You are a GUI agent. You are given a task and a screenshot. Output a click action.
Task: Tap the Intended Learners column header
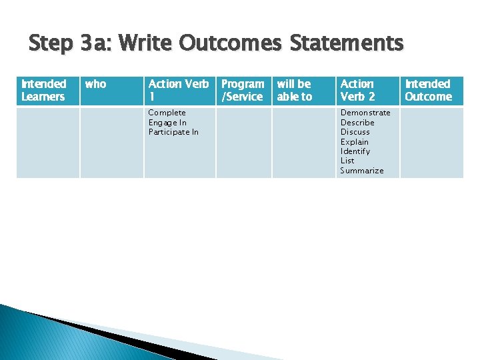[x=43, y=90]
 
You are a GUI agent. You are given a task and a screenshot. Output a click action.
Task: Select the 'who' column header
[x=95, y=84]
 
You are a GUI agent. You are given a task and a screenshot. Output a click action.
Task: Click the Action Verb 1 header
[x=178, y=90]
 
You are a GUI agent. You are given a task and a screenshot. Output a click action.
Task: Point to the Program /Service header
[x=242, y=90]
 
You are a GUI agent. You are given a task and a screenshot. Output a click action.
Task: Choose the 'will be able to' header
[x=294, y=90]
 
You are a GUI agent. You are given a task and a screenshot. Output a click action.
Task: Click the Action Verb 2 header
[x=358, y=90]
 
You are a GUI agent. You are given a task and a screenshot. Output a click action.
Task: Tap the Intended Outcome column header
[x=428, y=90]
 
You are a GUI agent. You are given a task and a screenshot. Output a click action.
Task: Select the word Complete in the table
[x=167, y=113]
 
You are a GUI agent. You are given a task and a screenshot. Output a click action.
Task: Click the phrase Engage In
[x=167, y=123]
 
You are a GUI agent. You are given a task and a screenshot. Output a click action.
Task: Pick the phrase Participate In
[x=173, y=132]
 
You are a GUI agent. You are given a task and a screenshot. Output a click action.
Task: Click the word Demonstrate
[x=365, y=113]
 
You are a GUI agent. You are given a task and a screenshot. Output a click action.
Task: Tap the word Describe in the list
[x=357, y=123]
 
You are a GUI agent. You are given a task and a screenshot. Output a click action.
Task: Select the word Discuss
[x=355, y=132]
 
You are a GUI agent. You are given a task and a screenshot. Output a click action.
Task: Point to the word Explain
[x=355, y=142]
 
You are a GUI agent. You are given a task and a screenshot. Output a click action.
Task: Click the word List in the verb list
[x=347, y=161]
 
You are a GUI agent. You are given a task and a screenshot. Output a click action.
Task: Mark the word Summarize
[x=362, y=171]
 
